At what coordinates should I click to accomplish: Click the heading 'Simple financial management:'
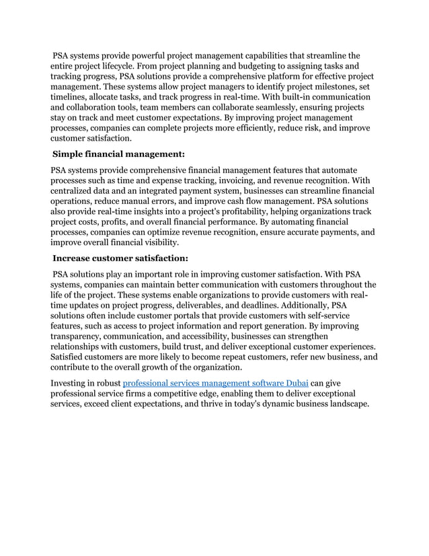point(118,154)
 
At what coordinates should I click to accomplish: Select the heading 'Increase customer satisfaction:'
point(120,257)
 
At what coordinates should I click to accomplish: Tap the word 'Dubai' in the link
point(295,382)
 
